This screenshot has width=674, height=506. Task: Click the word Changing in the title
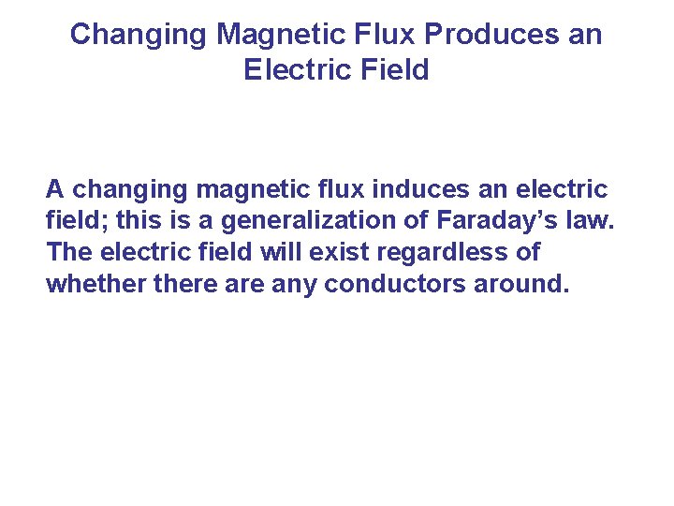[138, 35]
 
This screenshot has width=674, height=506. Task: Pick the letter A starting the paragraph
[55, 189]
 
